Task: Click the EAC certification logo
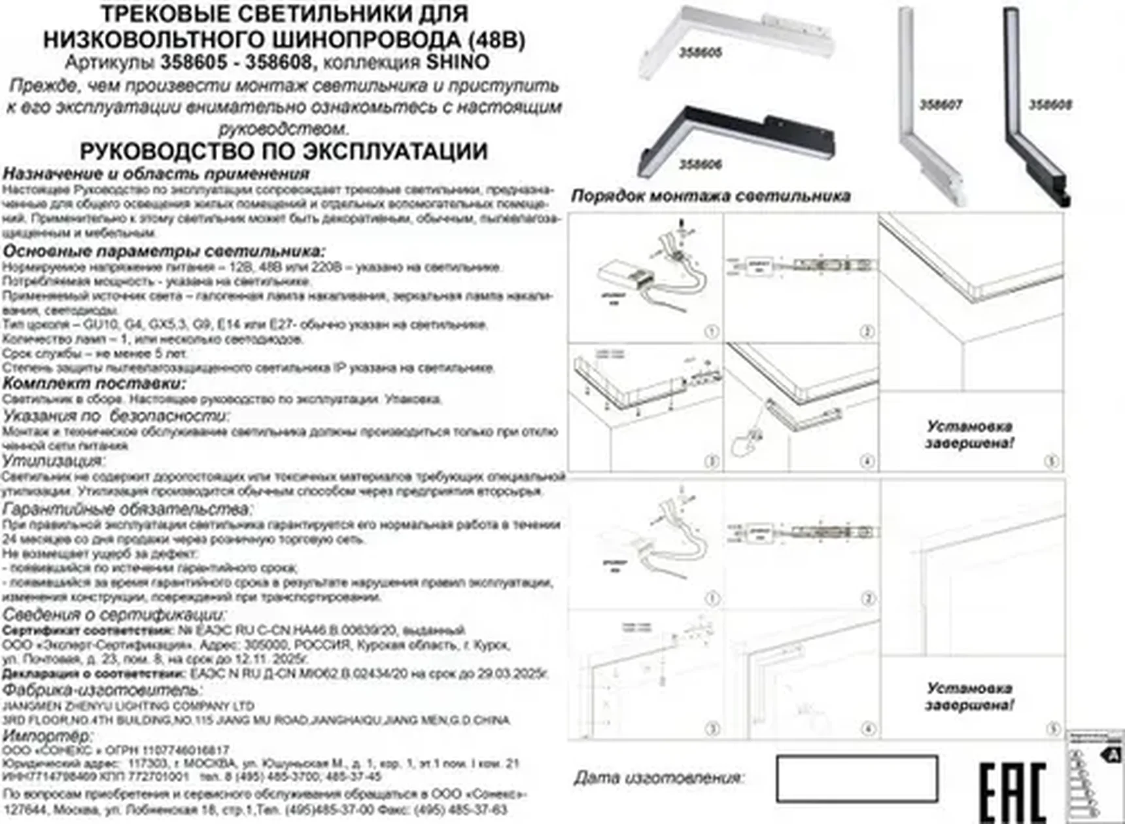[x=1013, y=793]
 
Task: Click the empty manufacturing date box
[x=857, y=778]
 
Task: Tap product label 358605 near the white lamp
[x=700, y=53]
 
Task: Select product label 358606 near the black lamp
[x=700, y=164]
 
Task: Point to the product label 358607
[x=941, y=105]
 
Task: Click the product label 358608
[x=1050, y=105]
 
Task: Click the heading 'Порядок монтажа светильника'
[x=710, y=196]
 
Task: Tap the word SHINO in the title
[x=458, y=62]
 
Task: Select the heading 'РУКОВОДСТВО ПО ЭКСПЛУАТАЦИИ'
[x=283, y=151]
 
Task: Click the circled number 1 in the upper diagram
[x=711, y=332]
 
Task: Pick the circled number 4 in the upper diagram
[x=867, y=461]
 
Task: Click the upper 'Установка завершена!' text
[x=969, y=435]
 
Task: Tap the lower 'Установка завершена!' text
[x=969, y=696]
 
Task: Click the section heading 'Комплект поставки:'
[x=94, y=384]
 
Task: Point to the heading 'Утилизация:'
[x=53, y=461]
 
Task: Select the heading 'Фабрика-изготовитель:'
[x=102, y=690]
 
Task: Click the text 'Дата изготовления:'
[x=659, y=778]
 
